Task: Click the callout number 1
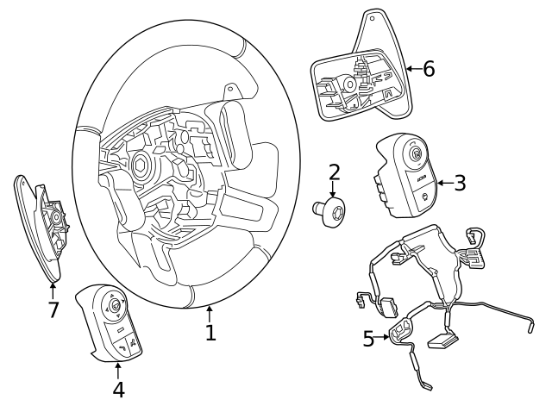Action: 210,331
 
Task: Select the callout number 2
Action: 335,172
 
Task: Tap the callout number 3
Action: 459,183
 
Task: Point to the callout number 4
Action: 118,389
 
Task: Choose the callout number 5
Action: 368,339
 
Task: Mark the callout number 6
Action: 428,69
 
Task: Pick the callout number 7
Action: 53,309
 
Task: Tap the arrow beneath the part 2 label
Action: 335,191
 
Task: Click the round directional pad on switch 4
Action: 114,303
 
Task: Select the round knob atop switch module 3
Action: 416,155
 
